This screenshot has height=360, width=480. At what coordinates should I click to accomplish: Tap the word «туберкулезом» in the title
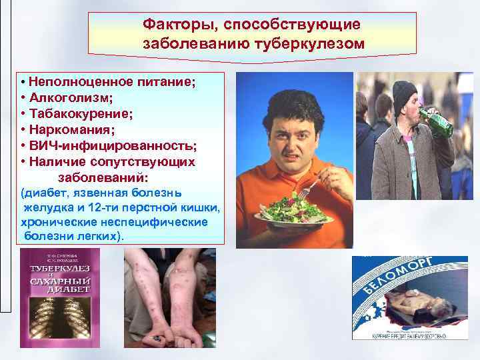click(309, 44)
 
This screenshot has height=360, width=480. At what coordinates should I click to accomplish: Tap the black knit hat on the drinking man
click(404, 94)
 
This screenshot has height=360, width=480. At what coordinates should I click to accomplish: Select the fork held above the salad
click(307, 187)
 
